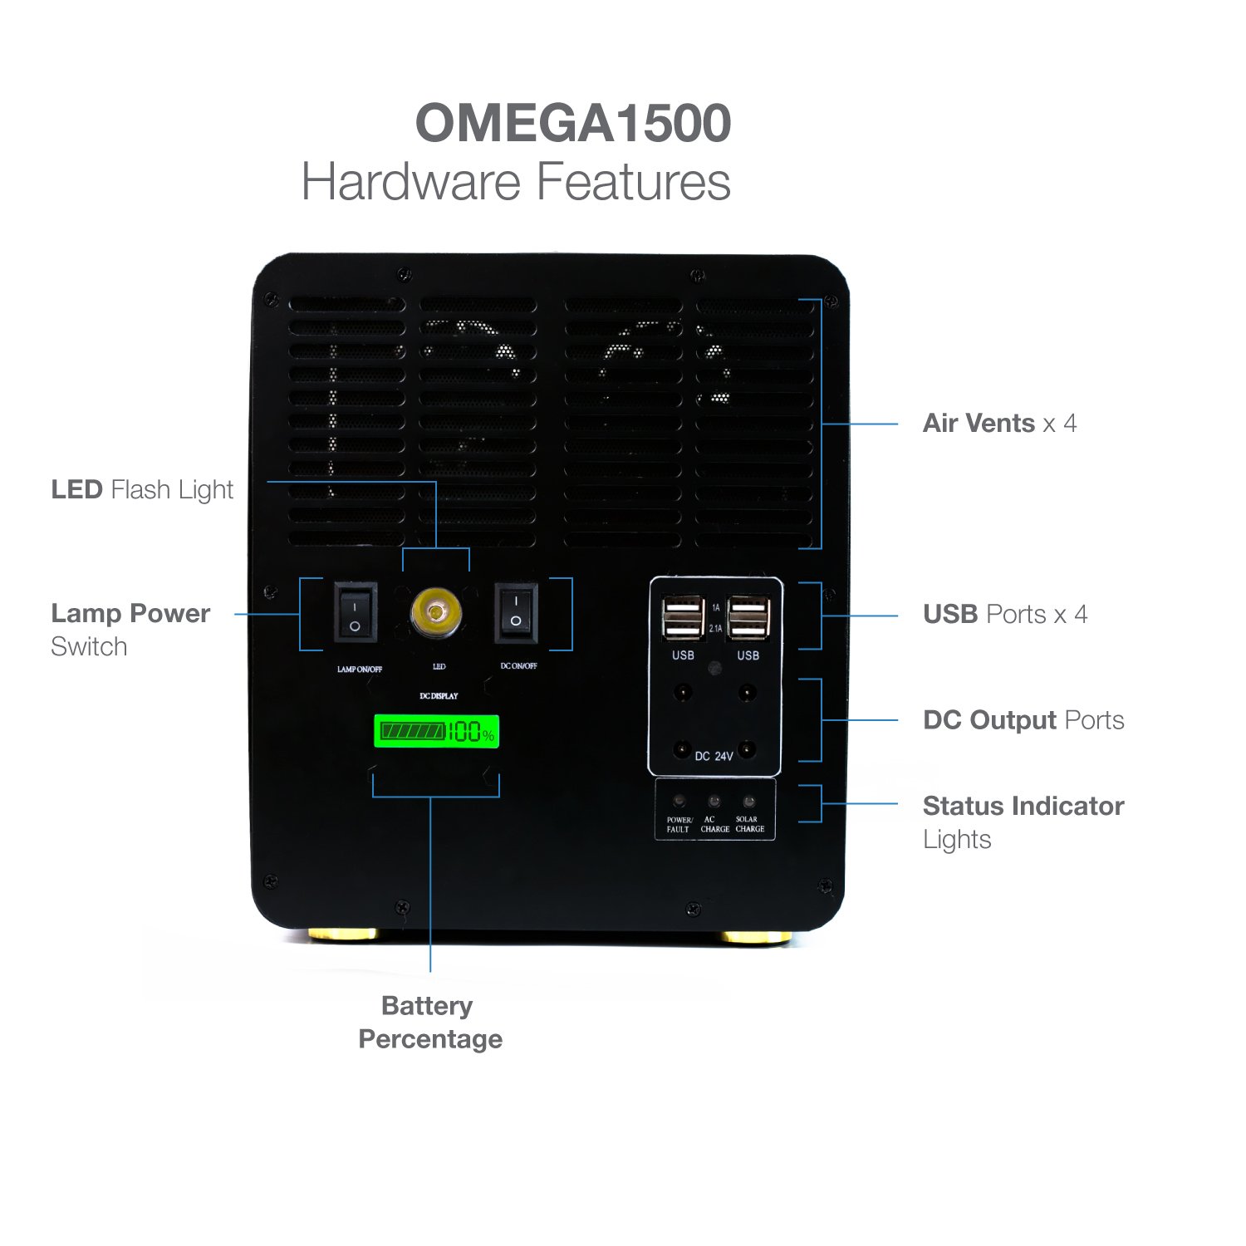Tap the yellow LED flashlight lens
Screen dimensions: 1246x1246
click(435, 613)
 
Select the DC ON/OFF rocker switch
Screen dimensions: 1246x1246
click(516, 613)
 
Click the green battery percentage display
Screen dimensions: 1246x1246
click(436, 732)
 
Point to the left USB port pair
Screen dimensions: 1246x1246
click(683, 618)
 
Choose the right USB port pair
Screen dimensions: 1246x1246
click(748, 618)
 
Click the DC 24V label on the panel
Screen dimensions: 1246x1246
click(714, 756)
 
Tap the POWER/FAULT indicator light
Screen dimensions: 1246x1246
click(679, 802)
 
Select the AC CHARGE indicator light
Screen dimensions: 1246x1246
click(714, 802)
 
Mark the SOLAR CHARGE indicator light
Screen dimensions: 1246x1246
click(748, 802)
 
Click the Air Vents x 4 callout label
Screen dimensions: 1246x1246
click(999, 424)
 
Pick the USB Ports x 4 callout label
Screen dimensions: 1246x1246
click(1004, 615)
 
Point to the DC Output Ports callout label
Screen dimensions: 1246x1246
click(1023, 720)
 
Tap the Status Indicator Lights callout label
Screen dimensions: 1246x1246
click(1023, 822)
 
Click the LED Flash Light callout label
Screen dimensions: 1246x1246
click(142, 490)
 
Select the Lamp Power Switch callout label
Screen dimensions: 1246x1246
click(130, 629)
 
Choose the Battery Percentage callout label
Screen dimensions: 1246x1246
click(429, 1022)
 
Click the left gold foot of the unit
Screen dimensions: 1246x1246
click(343, 935)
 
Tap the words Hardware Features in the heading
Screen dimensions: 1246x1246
click(516, 182)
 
